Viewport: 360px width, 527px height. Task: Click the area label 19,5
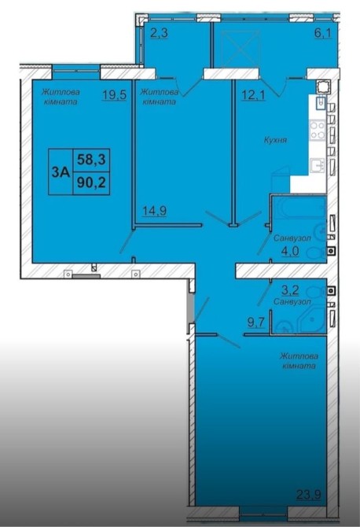pos(115,94)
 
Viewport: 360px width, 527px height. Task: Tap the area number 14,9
pos(155,211)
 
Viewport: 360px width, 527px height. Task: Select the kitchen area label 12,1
pos(254,95)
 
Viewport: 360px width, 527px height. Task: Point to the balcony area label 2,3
pos(160,34)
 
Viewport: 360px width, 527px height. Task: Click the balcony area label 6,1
pos(323,33)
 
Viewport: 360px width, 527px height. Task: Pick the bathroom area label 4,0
pos(290,251)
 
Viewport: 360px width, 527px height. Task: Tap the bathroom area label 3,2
pos(290,289)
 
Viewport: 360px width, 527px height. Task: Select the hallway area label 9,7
pos(256,322)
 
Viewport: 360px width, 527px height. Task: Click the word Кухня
pos(275,140)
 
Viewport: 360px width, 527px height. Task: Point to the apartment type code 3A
pos(61,172)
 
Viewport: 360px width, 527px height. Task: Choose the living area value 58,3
pos(91,160)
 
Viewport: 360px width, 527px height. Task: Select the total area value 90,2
pos(91,182)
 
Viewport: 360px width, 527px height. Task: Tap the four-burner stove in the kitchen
pos(318,130)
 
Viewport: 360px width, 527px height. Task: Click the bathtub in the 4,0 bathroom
pos(299,208)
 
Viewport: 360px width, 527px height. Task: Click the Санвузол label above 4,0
pos(292,238)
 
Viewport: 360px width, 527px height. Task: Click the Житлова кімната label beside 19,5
pos(61,97)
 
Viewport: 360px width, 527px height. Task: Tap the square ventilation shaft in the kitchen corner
pos(323,87)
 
